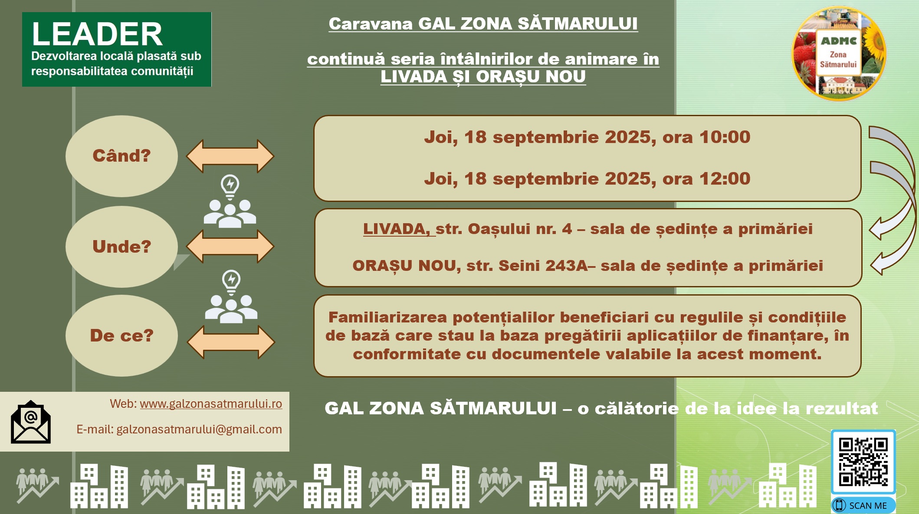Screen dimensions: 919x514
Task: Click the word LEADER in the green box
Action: [97, 34]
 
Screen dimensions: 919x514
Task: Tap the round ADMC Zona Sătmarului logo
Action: [839, 53]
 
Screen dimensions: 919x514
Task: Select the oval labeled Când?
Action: [121, 156]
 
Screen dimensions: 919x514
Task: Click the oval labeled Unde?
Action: [121, 247]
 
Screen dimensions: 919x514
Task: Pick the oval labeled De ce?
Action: [121, 336]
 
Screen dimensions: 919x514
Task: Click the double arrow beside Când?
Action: [230, 156]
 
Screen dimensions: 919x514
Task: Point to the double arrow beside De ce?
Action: [231, 342]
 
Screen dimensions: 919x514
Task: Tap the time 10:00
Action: [725, 137]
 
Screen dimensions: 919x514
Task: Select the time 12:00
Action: [725, 179]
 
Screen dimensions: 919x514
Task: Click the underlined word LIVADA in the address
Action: [396, 229]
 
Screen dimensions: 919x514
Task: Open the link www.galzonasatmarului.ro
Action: [211, 404]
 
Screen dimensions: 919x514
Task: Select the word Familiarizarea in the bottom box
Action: [387, 317]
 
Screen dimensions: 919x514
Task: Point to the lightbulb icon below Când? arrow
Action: [230, 187]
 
